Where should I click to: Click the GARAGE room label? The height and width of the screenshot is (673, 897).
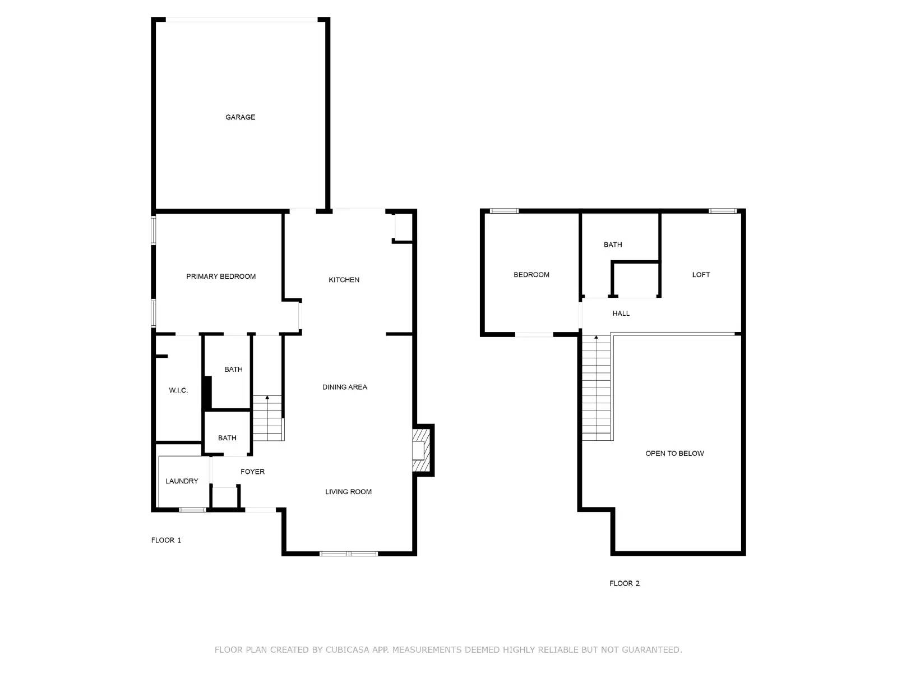click(x=240, y=117)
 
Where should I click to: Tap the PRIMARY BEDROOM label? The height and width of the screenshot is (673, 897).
click(x=221, y=276)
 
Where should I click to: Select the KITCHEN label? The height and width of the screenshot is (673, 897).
click(x=344, y=280)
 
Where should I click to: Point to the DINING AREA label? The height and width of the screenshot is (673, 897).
click(x=344, y=387)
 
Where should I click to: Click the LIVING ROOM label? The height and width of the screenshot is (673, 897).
click(x=348, y=492)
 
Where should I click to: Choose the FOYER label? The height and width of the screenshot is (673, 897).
click(x=252, y=472)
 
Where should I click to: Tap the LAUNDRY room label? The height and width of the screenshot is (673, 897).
click(x=182, y=481)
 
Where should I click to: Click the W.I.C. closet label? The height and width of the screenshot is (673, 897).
click(x=178, y=390)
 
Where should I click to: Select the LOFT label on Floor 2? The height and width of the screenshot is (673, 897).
click(x=701, y=275)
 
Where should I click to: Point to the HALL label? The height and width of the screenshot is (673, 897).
click(x=621, y=314)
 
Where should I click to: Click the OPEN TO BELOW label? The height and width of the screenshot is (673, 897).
click(x=674, y=453)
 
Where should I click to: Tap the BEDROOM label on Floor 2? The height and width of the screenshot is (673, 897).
click(x=531, y=275)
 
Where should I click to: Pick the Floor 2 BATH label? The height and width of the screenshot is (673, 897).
click(x=613, y=245)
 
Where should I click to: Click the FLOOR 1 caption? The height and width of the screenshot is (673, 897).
click(x=166, y=540)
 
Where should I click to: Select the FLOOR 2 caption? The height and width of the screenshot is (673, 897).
click(x=625, y=583)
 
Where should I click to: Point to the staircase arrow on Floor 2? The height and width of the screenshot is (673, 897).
click(x=596, y=338)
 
